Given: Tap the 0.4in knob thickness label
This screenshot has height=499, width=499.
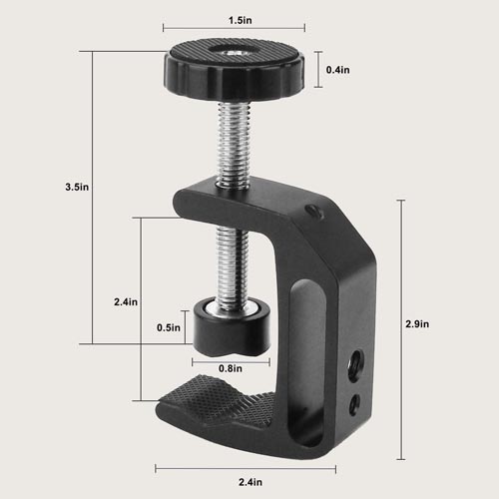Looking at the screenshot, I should (x=338, y=70).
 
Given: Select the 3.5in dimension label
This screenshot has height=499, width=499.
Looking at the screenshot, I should (x=75, y=186).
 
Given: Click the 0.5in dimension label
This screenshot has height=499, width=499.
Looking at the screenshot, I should (x=169, y=326).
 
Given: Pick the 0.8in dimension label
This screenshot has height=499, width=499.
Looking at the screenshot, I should (x=231, y=367).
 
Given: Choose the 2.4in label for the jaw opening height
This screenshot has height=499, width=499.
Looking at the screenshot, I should (x=126, y=300).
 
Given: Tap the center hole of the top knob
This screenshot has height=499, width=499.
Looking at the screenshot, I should (x=233, y=52).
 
